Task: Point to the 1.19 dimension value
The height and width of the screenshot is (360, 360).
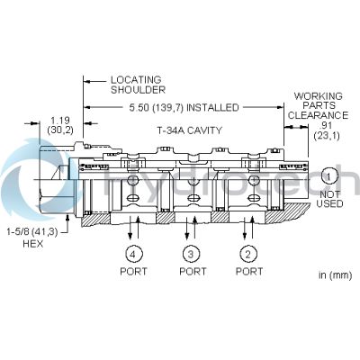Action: pyautogui.click(x=59, y=120)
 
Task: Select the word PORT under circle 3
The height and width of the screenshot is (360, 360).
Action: pyautogui.click(x=192, y=271)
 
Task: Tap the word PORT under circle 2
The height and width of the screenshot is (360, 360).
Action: pyautogui.click(x=247, y=271)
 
